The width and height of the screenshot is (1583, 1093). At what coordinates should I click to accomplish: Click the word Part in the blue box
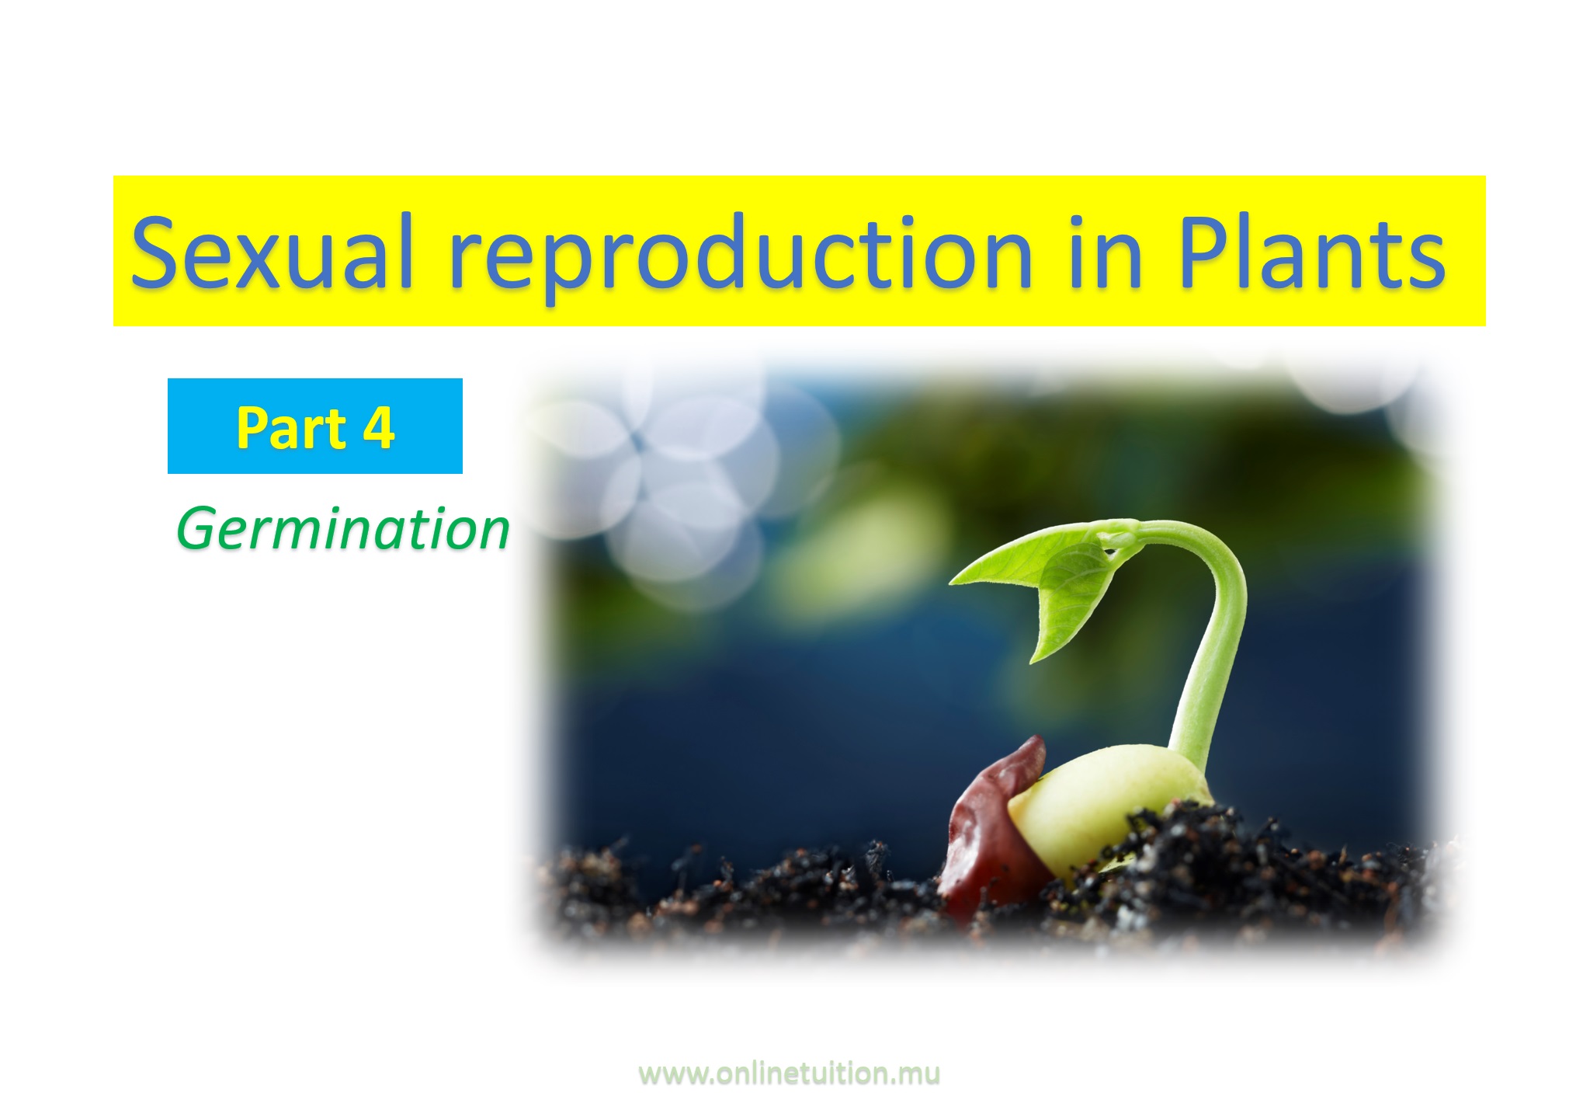[x=291, y=427]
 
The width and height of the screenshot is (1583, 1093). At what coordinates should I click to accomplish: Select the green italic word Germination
[x=343, y=528]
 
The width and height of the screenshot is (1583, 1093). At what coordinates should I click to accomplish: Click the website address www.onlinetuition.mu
[x=789, y=1074]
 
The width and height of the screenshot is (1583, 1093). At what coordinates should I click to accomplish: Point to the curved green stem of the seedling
[x=1211, y=637]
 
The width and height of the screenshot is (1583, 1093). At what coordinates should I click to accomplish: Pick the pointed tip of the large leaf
[x=951, y=580]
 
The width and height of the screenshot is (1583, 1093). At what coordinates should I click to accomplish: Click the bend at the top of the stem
[x=1196, y=536]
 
